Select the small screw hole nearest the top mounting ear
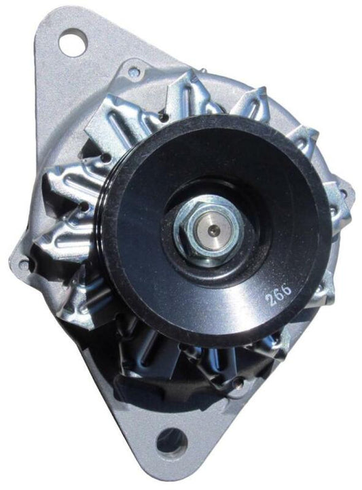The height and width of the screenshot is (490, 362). [134, 71]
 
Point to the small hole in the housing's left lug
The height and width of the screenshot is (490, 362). [26, 261]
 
